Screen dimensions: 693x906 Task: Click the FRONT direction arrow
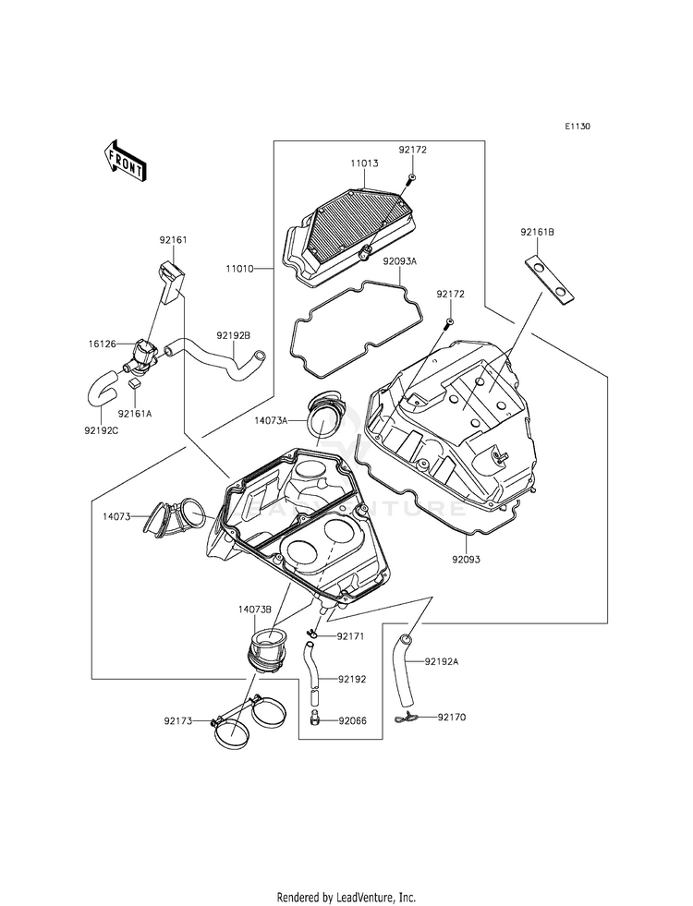pos(125,160)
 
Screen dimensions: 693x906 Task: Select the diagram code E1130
pos(577,127)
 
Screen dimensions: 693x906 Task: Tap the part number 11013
pos(364,163)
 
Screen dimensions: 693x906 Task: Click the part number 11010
pos(240,269)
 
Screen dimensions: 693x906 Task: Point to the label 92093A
pos(400,261)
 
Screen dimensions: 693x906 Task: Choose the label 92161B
pos(537,233)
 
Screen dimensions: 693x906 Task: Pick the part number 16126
pos(101,344)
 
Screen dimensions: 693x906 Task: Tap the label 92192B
pos(234,335)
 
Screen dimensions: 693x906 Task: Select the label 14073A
pos(271,420)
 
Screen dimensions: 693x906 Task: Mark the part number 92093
pos(466,560)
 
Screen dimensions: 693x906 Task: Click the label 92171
pos(351,636)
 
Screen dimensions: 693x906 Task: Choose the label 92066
pos(353,721)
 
